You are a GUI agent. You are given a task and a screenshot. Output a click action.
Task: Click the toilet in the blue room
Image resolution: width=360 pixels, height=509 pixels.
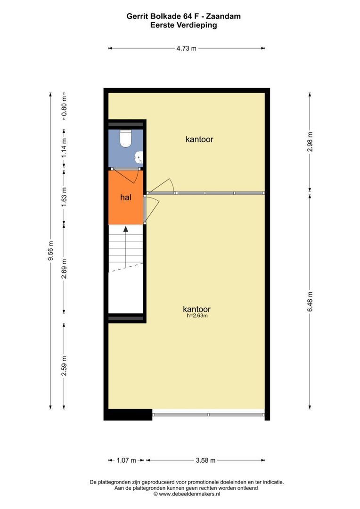125,139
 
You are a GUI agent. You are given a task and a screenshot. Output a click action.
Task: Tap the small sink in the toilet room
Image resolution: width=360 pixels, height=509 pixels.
139,157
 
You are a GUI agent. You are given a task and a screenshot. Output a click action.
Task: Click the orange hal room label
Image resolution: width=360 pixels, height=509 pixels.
126,197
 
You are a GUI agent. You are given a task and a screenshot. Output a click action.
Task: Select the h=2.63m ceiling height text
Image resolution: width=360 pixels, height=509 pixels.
197,315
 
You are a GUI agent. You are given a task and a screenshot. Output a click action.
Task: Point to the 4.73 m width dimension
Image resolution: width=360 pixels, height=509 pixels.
186,49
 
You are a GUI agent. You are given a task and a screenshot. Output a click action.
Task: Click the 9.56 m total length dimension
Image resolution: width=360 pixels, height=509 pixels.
50,251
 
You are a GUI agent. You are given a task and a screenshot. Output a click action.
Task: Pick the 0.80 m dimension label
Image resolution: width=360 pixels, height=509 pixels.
64,107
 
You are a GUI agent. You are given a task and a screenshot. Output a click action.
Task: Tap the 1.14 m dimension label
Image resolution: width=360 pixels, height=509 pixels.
64,148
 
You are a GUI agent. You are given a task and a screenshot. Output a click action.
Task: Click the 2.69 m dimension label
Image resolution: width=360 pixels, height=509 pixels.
64,269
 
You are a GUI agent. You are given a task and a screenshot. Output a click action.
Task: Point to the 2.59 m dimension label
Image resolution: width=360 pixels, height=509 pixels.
64,366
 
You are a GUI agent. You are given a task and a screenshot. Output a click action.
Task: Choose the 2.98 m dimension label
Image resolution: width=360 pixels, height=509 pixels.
311,142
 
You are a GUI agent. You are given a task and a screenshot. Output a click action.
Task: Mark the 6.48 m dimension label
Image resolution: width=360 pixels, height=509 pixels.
311,302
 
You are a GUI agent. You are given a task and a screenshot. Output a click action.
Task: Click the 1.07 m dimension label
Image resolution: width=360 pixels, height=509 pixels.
126,460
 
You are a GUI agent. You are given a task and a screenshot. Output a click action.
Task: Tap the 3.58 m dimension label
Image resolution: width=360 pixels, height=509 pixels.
206,460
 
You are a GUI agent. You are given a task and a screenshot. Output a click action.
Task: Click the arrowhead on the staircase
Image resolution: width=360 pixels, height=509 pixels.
126,229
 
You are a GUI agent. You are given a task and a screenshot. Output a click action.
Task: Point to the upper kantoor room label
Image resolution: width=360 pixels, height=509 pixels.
199,139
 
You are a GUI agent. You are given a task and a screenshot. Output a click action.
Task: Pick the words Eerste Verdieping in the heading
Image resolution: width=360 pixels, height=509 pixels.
184,25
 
